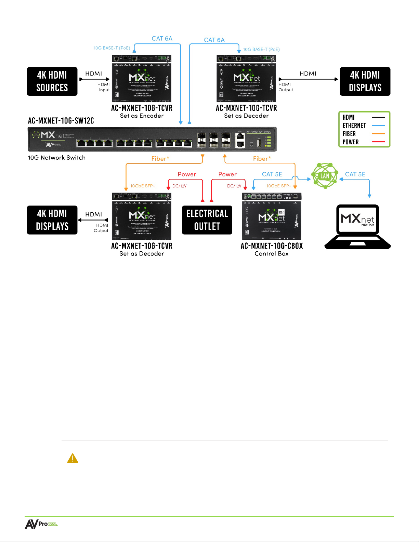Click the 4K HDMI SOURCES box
[52, 81]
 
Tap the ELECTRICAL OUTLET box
[207, 220]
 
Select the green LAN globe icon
[325, 176]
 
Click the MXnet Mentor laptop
[357, 226]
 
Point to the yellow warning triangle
[73, 458]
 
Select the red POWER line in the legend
[378, 142]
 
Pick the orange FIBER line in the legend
[378, 134]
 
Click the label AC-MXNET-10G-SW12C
[61, 121]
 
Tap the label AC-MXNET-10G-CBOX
[272, 246]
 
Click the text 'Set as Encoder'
[142, 116]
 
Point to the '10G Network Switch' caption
[57, 158]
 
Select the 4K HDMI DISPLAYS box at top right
[365, 81]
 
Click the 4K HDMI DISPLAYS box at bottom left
[52, 220]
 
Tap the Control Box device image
[272, 216]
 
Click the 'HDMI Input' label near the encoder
[104, 87]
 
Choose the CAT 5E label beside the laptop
[355, 174]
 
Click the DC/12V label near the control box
[234, 186]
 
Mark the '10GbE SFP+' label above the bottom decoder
[143, 186]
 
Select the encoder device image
[142, 79]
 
